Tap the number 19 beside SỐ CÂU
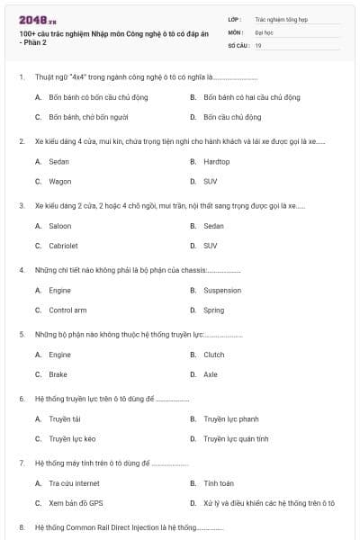click(x=258, y=45)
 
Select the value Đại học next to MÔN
click(x=264, y=31)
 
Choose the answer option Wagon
click(x=59, y=181)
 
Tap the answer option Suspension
click(x=222, y=291)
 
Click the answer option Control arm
click(x=67, y=310)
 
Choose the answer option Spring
click(x=213, y=310)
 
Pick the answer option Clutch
click(x=214, y=355)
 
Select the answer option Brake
click(x=58, y=374)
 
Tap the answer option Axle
click(x=211, y=374)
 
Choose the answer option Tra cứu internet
click(x=74, y=483)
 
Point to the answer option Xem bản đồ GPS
click(x=76, y=503)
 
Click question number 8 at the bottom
click(x=21, y=526)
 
